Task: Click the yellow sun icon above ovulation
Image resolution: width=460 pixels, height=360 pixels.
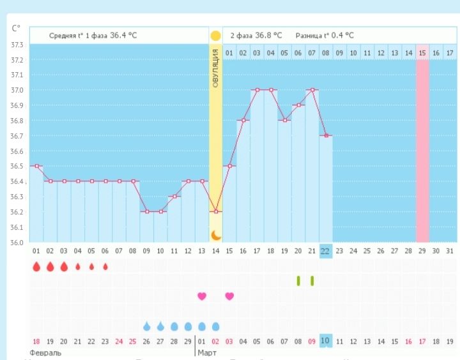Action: pyautogui.click(x=216, y=36)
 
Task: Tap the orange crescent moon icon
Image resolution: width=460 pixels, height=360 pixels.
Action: pyautogui.click(x=216, y=235)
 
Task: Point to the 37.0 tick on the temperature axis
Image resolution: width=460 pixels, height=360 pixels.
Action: pyautogui.click(x=17, y=90)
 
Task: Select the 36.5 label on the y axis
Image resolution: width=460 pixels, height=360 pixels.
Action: pyautogui.click(x=17, y=167)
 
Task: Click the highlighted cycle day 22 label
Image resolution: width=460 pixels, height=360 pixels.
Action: pyautogui.click(x=325, y=251)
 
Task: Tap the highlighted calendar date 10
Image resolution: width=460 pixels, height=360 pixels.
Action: pyautogui.click(x=325, y=341)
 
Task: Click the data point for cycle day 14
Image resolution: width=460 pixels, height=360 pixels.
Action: pyautogui.click(x=216, y=211)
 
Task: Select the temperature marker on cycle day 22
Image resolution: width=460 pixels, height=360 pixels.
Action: pyautogui.click(x=326, y=135)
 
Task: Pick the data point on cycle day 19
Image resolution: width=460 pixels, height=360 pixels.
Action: pyautogui.click(x=284, y=121)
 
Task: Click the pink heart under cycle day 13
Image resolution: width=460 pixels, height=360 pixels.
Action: pyautogui.click(x=202, y=296)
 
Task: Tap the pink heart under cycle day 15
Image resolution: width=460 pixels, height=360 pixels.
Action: pyautogui.click(x=229, y=296)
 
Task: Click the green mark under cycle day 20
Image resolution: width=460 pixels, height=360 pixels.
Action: pyautogui.click(x=298, y=280)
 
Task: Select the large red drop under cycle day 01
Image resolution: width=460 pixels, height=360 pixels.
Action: pyautogui.click(x=36, y=266)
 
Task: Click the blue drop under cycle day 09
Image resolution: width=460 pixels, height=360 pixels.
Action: pyautogui.click(x=147, y=326)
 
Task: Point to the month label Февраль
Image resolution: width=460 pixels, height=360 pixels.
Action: pyautogui.click(x=45, y=352)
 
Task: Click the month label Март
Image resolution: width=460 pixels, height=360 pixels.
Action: pyautogui.click(x=206, y=352)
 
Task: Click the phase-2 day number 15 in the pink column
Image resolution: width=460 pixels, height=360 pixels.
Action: pyautogui.click(x=422, y=52)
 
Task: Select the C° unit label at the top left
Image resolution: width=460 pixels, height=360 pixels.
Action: pyautogui.click(x=16, y=28)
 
